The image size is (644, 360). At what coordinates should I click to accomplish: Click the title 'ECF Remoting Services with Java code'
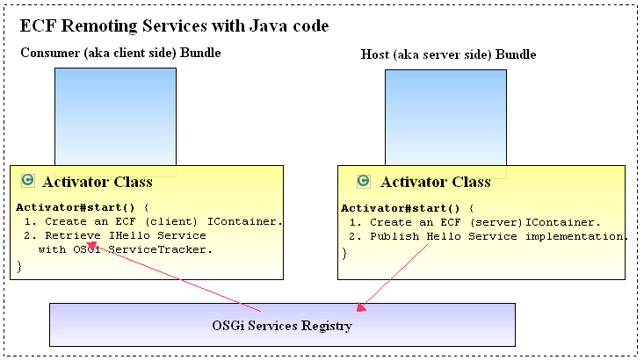174,25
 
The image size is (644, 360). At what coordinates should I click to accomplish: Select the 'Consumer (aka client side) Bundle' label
120,53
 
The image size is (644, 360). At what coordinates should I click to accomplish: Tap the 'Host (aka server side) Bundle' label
448,54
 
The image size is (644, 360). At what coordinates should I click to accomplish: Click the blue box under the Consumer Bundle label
115,117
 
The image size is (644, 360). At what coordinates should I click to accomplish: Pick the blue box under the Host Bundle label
445,119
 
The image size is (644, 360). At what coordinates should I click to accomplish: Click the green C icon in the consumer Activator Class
28,181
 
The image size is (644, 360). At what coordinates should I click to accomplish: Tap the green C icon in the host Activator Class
364,181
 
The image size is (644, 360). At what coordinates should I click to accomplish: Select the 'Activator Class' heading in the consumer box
98,182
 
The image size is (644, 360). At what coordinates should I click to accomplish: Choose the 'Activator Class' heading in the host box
436,182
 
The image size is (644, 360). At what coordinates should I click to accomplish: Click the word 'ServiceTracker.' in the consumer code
160,249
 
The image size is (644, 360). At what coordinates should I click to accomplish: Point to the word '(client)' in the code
171,221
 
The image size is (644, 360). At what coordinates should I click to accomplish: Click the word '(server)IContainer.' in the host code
535,222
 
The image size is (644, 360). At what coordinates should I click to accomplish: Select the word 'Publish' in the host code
394,236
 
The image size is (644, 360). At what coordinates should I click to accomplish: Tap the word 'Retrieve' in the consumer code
73,235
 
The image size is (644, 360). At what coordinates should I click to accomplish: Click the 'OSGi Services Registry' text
282,326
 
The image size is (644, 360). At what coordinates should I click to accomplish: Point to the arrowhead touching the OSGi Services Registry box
360,306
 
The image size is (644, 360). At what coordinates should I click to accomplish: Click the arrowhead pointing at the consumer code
90,246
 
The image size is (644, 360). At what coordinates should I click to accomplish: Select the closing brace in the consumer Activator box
19,267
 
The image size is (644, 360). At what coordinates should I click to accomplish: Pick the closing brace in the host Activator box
344,254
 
